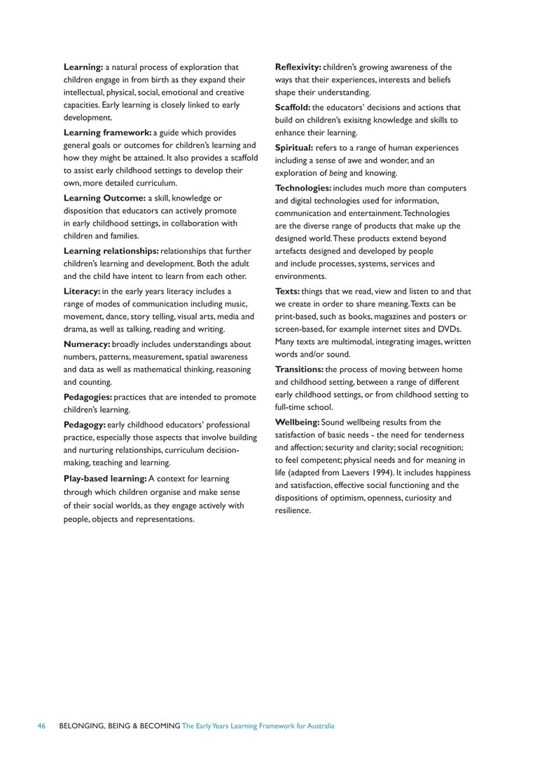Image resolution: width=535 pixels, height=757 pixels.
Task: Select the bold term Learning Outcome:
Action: tap(104, 198)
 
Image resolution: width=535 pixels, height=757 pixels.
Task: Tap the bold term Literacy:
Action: tap(82, 291)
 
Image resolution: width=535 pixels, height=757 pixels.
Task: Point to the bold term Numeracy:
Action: tap(87, 344)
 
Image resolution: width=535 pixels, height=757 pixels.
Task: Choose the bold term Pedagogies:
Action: tap(88, 397)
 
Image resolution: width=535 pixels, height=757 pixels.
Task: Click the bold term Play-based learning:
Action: tap(105, 479)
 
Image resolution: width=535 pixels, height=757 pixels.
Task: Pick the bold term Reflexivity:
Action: tap(298, 67)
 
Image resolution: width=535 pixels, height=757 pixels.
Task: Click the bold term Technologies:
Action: tap(303, 189)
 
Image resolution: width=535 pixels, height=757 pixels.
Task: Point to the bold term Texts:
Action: tap(287, 292)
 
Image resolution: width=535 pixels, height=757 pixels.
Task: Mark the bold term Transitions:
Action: tap(299, 369)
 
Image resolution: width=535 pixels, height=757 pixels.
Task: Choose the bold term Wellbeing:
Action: tap(297, 423)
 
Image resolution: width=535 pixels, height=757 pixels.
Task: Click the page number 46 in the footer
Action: tap(41, 726)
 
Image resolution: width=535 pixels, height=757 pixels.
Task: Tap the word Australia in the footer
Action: tap(319, 726)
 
